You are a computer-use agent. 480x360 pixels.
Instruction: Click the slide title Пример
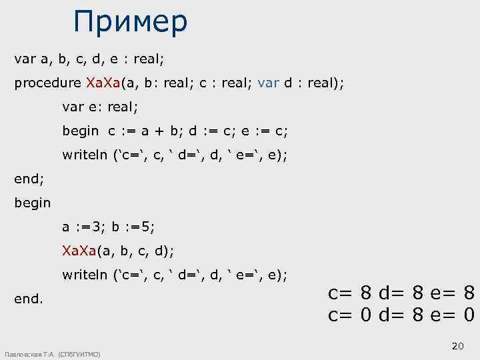click(131, 21)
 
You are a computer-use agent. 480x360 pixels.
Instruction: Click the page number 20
click(457, 346)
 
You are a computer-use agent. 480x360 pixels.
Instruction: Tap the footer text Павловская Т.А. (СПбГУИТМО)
click(52, 354)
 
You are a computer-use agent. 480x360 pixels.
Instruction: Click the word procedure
click(48, 84)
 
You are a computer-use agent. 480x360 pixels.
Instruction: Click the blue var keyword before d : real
click(269, 83)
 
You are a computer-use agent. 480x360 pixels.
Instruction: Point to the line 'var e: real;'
click(100, 107)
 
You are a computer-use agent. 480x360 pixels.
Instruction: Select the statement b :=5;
click(133, 227)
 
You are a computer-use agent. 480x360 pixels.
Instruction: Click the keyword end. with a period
click(29, 299)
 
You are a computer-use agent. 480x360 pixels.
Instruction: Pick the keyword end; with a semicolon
click(29, 179)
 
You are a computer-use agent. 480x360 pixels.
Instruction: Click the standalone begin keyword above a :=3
click(33, 203)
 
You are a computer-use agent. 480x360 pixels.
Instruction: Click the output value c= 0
click(350, 314)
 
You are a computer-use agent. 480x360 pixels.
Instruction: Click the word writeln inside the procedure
click(85, 155)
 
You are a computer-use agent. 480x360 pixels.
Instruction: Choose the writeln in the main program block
click(85, 275)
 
